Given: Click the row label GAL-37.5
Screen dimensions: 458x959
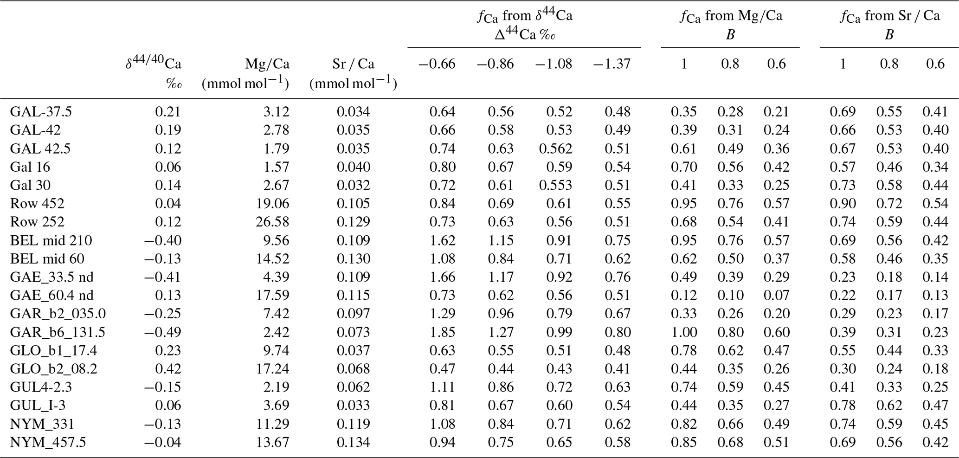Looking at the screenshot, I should click(x=41, y=112).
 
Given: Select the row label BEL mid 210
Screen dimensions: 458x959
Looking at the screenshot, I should click(x=51, y=240).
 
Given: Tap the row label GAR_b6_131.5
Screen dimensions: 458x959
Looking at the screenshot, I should click(x=58, y=332).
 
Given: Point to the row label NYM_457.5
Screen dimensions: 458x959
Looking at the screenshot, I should click(x=48, y=442).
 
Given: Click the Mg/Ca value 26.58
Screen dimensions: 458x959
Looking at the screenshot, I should click(x=272, y=222).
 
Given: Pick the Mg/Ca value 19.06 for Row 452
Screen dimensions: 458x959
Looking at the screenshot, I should click(x=272, y=204).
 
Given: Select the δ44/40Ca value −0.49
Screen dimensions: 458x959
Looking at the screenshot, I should click(x=162, y=332).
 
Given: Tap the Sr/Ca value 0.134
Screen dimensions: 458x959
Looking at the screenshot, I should click(x=353, y=442).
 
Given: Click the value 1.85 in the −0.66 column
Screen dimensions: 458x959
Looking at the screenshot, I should click(x=442, y=332).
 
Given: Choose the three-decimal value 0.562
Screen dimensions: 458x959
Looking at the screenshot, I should click(x=555, y=148).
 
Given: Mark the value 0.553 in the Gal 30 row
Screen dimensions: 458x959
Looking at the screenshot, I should click(x=555, y=185).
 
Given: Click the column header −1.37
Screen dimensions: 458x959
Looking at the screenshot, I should click(x=611, y=64).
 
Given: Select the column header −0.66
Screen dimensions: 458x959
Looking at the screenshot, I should click(x=437, y=64).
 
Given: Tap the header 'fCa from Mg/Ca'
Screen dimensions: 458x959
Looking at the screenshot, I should click(x=731, y=16).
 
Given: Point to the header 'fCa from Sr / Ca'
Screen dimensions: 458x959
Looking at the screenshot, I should click(x=889, y=16).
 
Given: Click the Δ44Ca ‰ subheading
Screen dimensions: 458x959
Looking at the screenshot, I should click(x=524, y=35).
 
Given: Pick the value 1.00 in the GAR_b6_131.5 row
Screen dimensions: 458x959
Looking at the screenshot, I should click(x=684, y=332).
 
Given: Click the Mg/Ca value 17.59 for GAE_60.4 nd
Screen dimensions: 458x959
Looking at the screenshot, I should click(x=272, y=296).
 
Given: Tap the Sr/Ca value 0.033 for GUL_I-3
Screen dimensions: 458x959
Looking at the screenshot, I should click(x=353, y=406).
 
